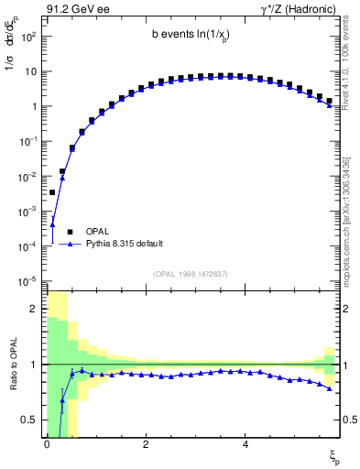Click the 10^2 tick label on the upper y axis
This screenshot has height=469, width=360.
click(27, 36)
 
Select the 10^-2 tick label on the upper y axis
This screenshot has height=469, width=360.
click(27, 176)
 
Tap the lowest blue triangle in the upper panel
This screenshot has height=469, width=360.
click(53, 224)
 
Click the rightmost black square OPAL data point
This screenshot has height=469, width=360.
click(329, 101)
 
